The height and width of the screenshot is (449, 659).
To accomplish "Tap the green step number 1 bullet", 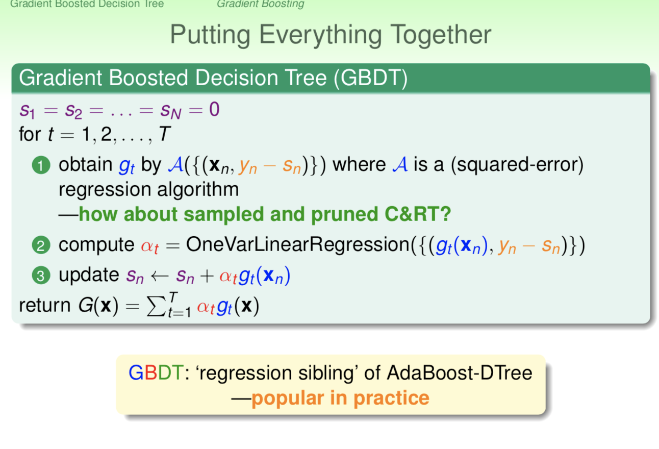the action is pyautogui.click(x=41, y=165).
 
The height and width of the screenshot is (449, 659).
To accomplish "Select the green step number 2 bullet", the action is pyautogui.click(x=41, y=245).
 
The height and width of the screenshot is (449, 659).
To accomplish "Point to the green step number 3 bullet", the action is pyautogui.click(x=41, y=275).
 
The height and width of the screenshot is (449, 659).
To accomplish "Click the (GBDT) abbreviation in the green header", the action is pyautogui.click(x=371, y=78).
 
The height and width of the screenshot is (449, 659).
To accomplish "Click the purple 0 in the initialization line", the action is pyautogui.click(x=214, y=110).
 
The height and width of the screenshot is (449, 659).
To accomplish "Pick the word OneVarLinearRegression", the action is pyautogui.click(x=298, y=244).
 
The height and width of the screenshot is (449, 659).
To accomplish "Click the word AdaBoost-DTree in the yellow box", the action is pyautogui.click(x=459, y=373).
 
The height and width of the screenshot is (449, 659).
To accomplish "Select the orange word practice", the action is pyautogui.click(x=392, y=398).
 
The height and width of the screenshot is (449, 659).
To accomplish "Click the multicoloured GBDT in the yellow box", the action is pyautogui.click(x=156, y=373).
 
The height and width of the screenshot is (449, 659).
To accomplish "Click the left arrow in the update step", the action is pyautogui.click(x=160, y=276).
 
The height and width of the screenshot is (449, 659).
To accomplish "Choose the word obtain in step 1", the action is pyautogui.click(x=86, y=164).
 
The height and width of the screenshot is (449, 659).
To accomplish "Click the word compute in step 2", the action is pyautogui.click(x=96, y=245).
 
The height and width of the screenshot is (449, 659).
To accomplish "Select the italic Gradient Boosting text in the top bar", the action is pyautogui.click(x=260, y=4).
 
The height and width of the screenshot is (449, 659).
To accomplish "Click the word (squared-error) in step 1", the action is pyautogui.click(x=517, y=165).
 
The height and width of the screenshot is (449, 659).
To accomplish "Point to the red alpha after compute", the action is pyautogui.click(x=150, y=246).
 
